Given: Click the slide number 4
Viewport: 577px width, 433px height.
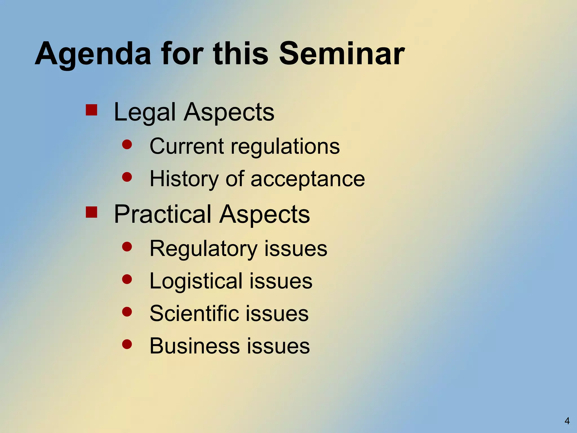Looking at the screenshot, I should tap(567, 421).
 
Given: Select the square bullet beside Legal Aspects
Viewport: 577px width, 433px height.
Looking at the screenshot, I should tap(91, 110).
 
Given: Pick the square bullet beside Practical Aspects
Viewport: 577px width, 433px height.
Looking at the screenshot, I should tap(91, 212).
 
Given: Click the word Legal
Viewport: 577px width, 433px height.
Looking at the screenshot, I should tap(145, 112).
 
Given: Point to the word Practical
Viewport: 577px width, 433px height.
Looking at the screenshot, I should tap(163, 214).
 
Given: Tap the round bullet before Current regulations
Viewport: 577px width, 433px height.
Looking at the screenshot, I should tap(127, 145).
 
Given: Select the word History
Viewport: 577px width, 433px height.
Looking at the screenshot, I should tap(184, 179).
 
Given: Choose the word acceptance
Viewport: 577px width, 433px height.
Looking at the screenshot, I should tap(308, 179).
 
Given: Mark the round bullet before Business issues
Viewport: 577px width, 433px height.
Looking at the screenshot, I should tap(127, 344).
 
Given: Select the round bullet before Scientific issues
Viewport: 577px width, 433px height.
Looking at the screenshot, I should tap(127, 312).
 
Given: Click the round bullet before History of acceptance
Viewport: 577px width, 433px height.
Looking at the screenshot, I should tap(127, 177).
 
